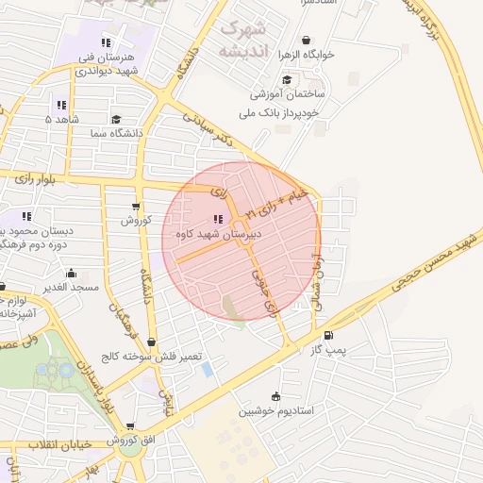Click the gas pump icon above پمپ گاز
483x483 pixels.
pos(327,336)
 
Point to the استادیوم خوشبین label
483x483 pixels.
pos(275,410)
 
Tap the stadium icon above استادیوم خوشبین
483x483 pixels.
pos(275,396)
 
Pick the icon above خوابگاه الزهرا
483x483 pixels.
pos(306,40)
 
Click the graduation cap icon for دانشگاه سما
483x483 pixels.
pos(115,120)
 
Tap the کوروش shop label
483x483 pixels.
pos(135,220)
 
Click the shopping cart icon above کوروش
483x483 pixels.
pos(136,207)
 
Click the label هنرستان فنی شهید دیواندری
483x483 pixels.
pos(108,63)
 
